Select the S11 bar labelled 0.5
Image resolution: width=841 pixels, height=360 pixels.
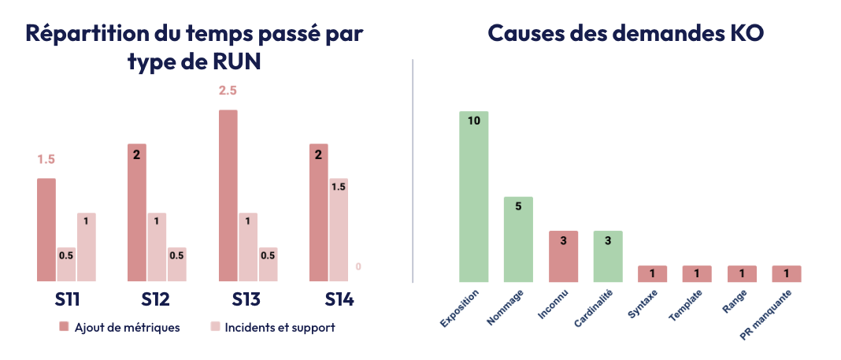click(66, 264)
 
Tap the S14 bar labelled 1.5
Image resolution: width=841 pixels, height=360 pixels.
click(339, 229)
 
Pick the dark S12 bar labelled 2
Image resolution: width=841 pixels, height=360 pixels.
click(137, 212)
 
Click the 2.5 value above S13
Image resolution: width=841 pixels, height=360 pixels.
click(228, 91)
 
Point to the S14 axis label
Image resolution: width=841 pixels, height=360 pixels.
click(339, 300)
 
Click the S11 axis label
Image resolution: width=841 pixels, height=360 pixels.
click(66, 300)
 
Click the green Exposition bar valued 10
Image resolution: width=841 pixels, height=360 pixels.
click(474, 196)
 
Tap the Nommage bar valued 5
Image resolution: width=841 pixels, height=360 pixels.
click(518, 239)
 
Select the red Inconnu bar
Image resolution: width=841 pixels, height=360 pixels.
click(563, 256)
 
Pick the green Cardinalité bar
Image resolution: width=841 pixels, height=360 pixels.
click(608, 256)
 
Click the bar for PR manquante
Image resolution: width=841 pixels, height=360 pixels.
click(787, 273)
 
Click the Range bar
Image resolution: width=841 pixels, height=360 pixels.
click(742, 273)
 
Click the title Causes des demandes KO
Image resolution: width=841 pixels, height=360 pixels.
click(625, 34)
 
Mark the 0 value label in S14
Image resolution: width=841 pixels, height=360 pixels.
click(358, 267)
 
